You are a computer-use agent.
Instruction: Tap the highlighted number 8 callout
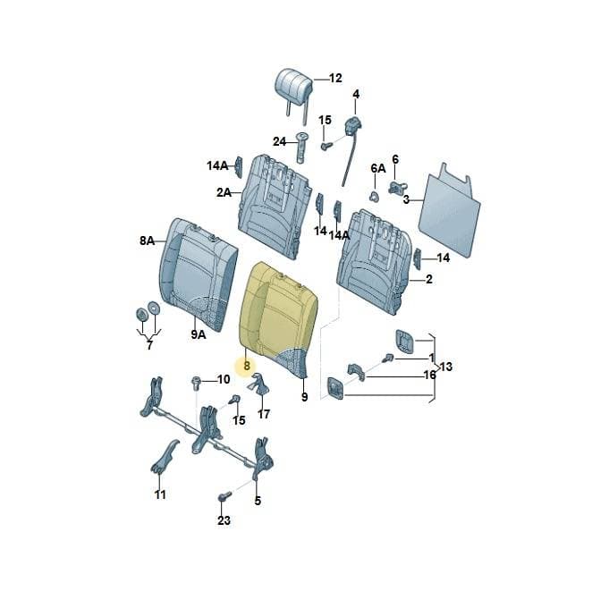tap(247, 366)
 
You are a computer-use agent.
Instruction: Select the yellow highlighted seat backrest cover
tap(278, 317)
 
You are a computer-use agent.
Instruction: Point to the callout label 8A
tap(148, 241)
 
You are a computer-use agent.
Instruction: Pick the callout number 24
tap(279, 142)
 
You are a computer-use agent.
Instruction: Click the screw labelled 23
tap(224, 496)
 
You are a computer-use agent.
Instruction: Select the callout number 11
tap(160, 494)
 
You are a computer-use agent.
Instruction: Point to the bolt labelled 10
tap(195, 383)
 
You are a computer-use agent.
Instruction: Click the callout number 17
tap(264, 414)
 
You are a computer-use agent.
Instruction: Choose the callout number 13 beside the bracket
tap(446, 367)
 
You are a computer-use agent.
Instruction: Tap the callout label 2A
tap(224, 192)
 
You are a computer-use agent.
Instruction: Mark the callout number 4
tap(356, 94)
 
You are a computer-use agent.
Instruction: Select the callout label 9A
tap(198, 334)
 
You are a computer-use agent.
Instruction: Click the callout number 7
tap(150, 345)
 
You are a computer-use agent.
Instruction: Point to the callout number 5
tap(258, 501)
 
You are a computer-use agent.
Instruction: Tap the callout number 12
tap(335, 78)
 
